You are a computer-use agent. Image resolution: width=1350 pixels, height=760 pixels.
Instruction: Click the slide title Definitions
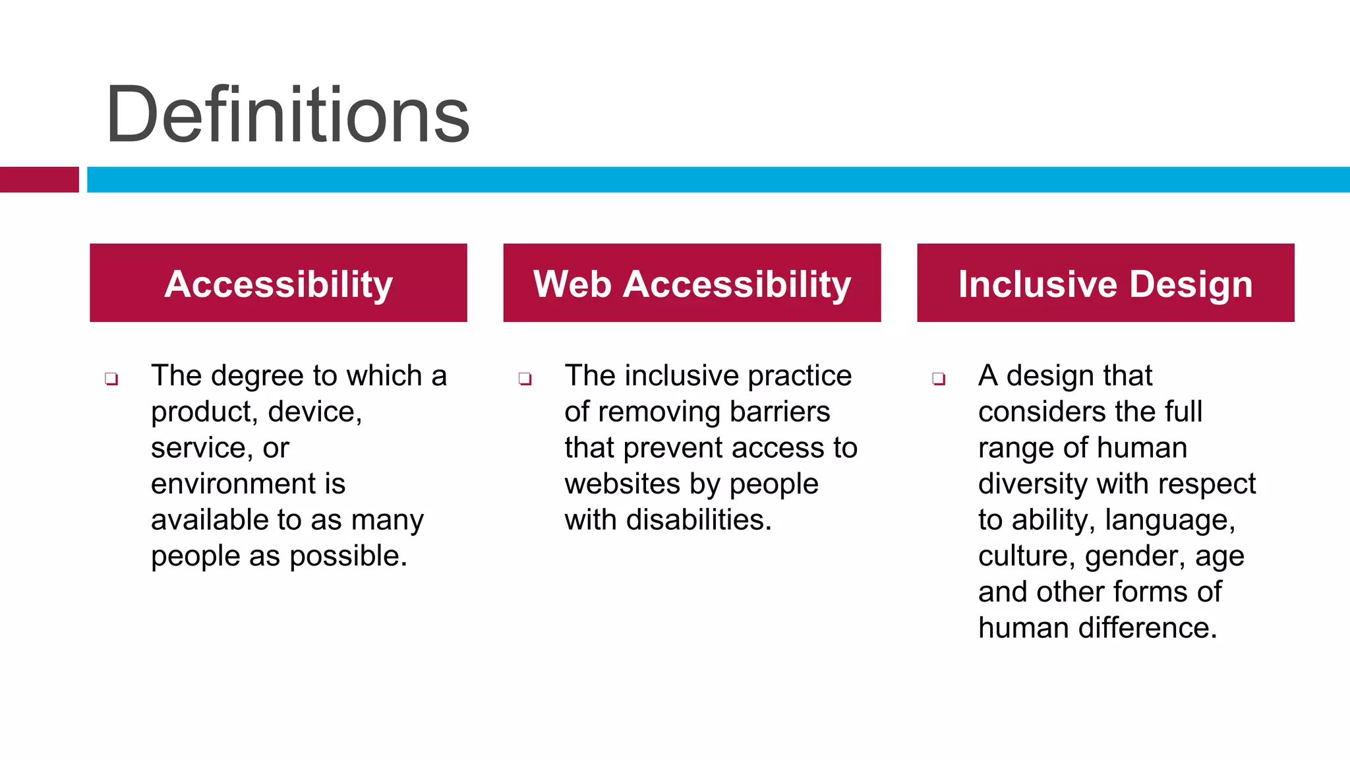[287, 115]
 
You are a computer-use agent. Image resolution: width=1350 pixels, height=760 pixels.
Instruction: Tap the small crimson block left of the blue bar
[39, 179]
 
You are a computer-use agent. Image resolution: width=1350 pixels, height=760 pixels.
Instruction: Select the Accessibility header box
[278, 283]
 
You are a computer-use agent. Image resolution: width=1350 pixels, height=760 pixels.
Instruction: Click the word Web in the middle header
[572, 284]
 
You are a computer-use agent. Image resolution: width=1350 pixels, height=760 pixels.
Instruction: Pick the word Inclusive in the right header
[1038, 284]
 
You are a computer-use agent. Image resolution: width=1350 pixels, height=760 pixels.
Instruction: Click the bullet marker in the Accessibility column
[111, 379]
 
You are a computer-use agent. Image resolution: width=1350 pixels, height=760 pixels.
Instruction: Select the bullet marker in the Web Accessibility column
[525, 379]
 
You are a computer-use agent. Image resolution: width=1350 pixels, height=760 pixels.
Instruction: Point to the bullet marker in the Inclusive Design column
[939, 379]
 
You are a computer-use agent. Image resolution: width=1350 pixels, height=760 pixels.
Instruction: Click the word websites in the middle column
[622, 484]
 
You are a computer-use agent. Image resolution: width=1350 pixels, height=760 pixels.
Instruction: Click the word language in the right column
[1169, 520]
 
